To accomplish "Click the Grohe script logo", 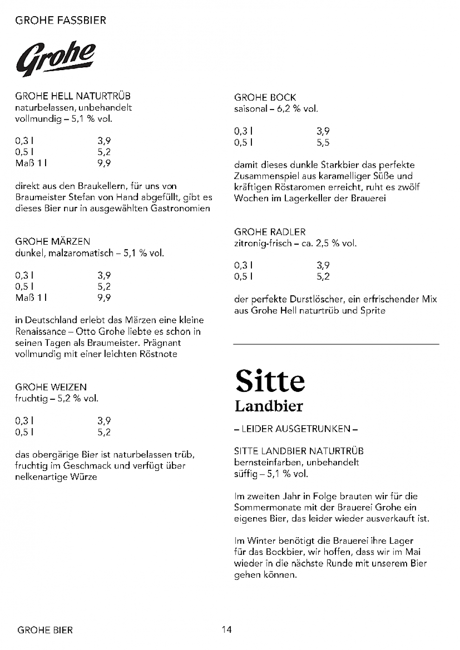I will pos(56,59).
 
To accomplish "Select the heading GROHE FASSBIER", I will pos(61,20).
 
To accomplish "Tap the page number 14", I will pos(227,630).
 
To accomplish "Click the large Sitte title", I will pos(270,381).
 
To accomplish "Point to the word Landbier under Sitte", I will pos(269,406).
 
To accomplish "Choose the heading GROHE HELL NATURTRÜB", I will pos(73,96).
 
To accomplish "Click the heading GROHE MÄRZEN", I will pos(53,241).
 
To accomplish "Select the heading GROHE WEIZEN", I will pos(51,387).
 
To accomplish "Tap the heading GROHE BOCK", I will pos(265,97).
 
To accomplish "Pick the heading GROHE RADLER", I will pos(270,232).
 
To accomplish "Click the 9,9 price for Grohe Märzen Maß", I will pos(104,298).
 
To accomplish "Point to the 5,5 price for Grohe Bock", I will pos(323,143).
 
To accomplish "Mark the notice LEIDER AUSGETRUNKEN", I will pos(296,429).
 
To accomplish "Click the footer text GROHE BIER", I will pos(45,630).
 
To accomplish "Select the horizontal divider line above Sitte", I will pos(336,344).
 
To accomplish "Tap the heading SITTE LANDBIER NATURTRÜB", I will pos(299,451).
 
